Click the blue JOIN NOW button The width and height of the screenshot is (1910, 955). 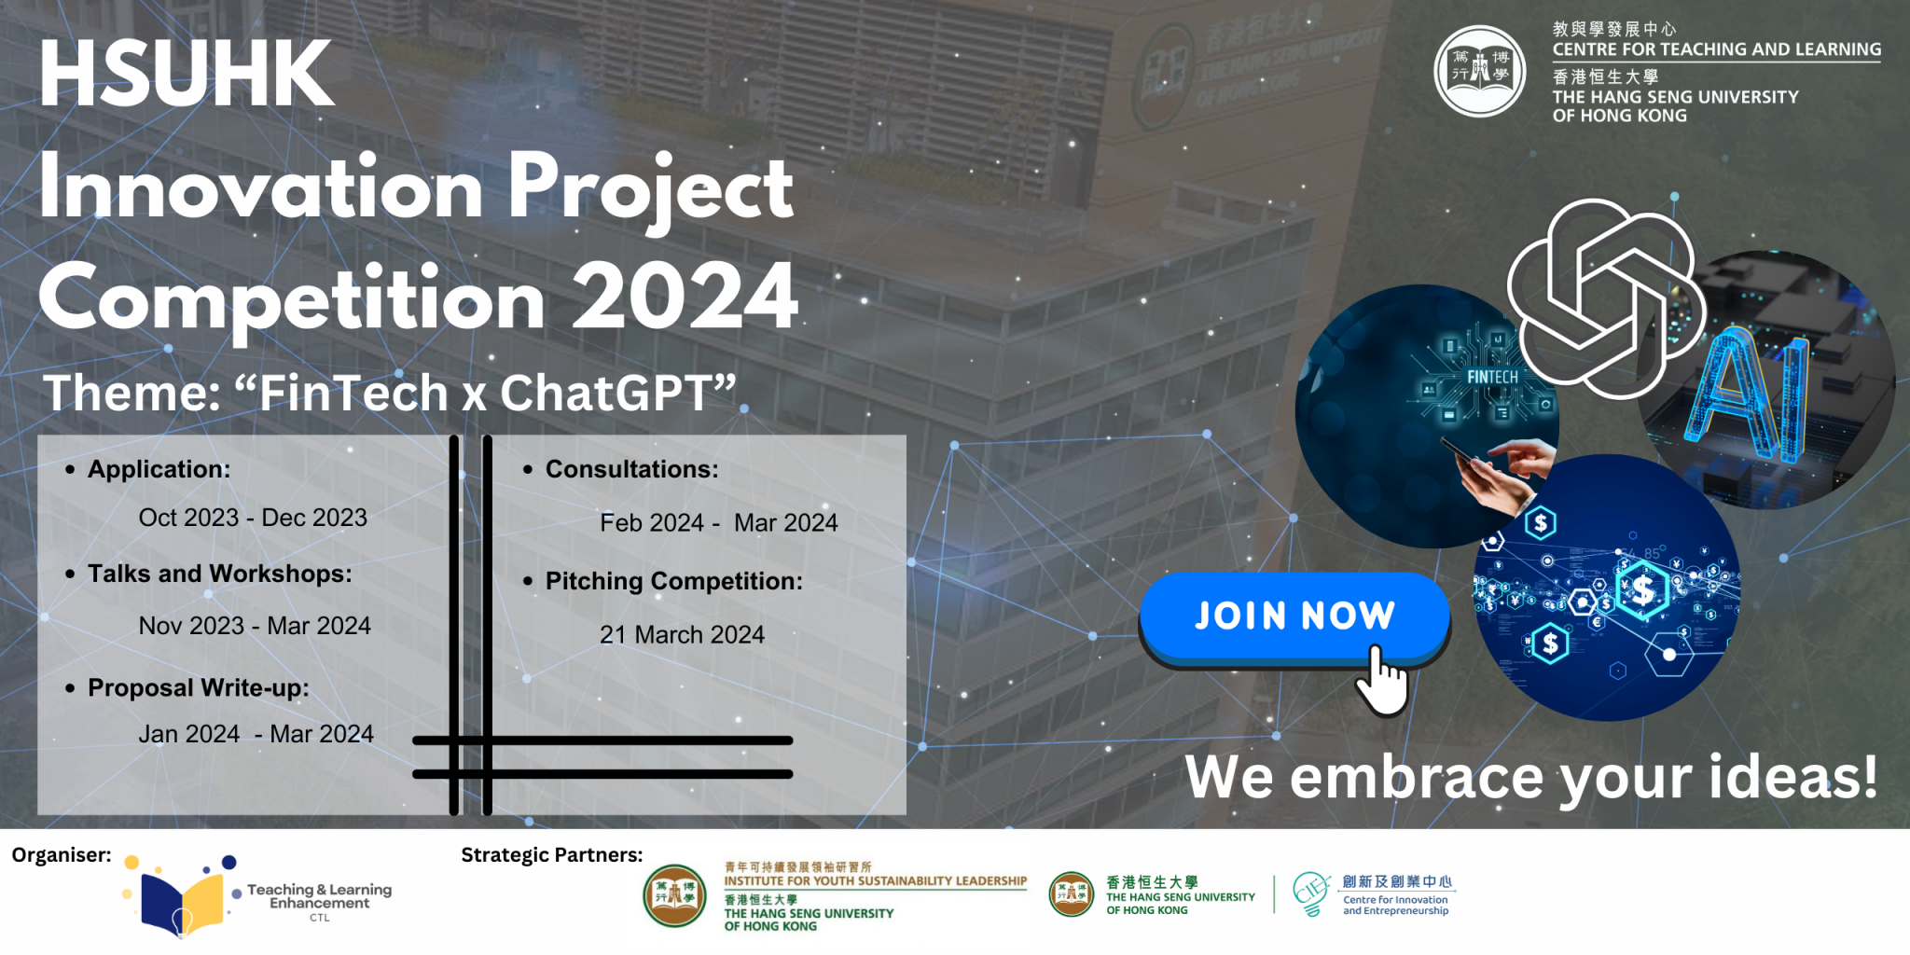click(x=1294, y=617)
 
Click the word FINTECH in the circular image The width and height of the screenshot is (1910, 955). click(x=1492, y=377)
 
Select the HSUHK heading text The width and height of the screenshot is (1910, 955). click(x=187, y=75)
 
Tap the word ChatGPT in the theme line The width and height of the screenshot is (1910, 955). click(x=606, y=393)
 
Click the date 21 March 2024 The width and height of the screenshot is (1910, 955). click(x=682, y=635)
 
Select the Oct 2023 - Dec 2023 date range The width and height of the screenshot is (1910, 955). click(x=253, y=518)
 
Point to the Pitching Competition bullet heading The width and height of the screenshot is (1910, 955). click(x=673, y=581)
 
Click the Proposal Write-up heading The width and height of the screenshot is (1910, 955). click(x=198, y=688)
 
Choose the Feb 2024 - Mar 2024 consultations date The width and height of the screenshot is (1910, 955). click(x=718, y=523)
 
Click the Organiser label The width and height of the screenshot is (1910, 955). click(x=62, y=855)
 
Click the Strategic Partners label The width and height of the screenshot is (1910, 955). click(x=551, y=855)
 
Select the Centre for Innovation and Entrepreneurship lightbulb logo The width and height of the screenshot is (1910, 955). click(x=1310, y=893)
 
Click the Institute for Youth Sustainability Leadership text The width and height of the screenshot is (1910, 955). click(x=875, y=880)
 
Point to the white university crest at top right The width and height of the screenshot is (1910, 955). click(x=1479, y=71)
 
